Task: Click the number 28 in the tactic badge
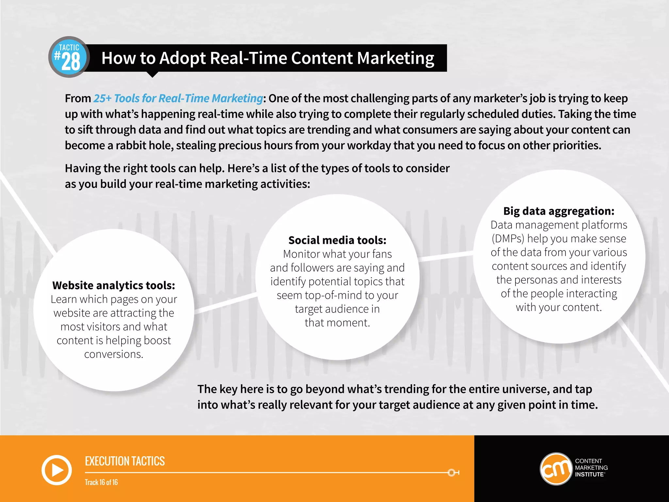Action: tap(71, 61)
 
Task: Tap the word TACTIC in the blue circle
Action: tap(69, 47)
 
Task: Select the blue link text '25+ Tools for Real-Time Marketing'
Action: tap(178, 98)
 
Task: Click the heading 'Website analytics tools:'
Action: tap(114, 285)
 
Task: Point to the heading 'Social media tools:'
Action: tap(337, 240)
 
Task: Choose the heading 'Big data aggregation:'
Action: tap(559, 211)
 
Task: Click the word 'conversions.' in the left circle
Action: tap(114, 354)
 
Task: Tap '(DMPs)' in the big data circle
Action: tap(508, 239)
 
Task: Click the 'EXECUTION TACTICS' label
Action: tap(125, 461)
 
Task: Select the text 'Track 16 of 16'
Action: tap(101, 482)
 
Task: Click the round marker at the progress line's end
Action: tap(452, 473)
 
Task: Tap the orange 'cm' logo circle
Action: tap(556, 469)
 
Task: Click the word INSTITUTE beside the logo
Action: tap(589, 475)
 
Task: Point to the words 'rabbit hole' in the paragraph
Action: tap(144, 145)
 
